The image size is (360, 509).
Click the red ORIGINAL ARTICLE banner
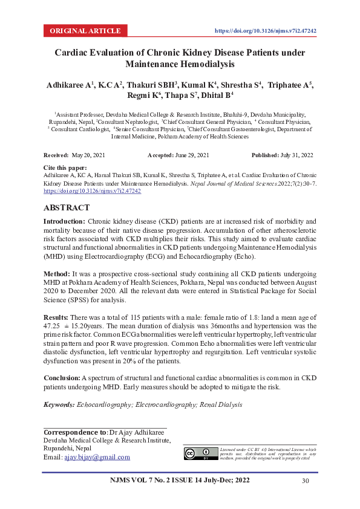click(x=85, y=30)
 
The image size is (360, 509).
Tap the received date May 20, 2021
click(x=88, y=155)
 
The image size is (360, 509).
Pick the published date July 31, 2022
click(x=296, y=155)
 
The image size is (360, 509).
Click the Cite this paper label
click(x=65, y=167)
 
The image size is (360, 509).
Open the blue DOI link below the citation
click(x=92, y=190)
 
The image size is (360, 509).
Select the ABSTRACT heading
click(x=67, y=207)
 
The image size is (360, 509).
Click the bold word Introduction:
click(x=65, y=222)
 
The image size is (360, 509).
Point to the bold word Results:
click(x=58, y=317)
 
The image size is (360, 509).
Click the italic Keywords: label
click(x=59, y=404)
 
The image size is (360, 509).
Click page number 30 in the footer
click(x=306, y=481)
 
